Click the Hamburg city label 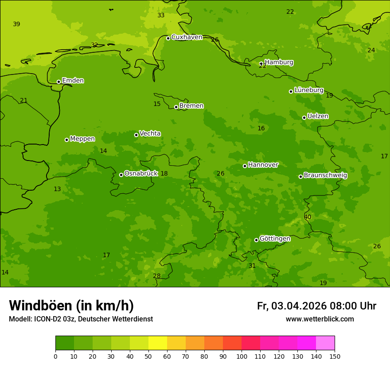click(x=279, y=63)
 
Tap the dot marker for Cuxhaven click(x=168, y=38)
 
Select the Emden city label click(x=73, y=81)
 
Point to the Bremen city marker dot click(x=176, y=107)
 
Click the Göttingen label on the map click(x=275, y=239)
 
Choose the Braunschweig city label click(x=325, y=176)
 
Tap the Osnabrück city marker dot click(x=121, y=175)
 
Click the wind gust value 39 click(x=16, y=24)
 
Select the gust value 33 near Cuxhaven click(x=161, y=16)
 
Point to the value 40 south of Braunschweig click(x=308, y=217)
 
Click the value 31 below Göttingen click(x=252, y=266)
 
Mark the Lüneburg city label click(x=308, y=90)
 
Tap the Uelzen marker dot click(x=304, y=117)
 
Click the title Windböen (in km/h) click(x=71, y=306)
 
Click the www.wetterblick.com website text click(x=320, y=319)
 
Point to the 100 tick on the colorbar click(x=242, y=356)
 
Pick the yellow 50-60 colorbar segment click(x=158, y=343)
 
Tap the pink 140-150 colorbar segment click(x=325, y=343)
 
